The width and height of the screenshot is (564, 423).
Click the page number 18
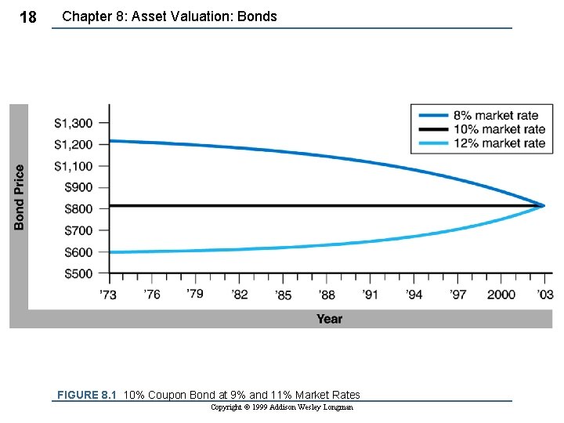tap(27, 17)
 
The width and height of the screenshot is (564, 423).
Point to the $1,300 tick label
tap(73, 123)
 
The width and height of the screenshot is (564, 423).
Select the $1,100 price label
tap(73, 166)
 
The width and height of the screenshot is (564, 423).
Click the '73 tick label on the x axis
tap(108, 295)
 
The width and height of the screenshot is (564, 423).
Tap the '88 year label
tap(327, 295)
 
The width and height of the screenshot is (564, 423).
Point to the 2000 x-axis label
tap(501, 295)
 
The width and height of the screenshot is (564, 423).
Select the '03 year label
tap(545, 295)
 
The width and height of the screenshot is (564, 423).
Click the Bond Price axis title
tap(19, 196)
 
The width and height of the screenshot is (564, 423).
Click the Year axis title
tap(329, 319)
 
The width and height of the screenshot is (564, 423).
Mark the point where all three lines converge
tap(544, 205)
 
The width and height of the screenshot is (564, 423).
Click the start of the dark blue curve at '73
tap(110, 141)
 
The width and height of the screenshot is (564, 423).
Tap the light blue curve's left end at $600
tap(110, 252)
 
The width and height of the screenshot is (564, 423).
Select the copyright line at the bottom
tap(282, 407)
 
